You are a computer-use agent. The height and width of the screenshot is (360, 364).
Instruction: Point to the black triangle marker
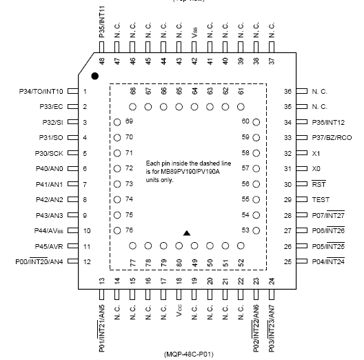[185, 233]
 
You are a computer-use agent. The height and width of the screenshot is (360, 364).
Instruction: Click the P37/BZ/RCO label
[332, 137]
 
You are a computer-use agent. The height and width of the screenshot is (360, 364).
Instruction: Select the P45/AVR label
[50, 246]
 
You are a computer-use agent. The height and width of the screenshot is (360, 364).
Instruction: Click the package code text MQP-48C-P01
[189, 354]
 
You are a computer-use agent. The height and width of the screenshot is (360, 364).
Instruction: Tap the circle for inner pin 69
[118, 121]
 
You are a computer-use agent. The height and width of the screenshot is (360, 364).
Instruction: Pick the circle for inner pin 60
[256, 121]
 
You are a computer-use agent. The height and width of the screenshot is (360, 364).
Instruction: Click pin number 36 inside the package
[289, 91]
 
